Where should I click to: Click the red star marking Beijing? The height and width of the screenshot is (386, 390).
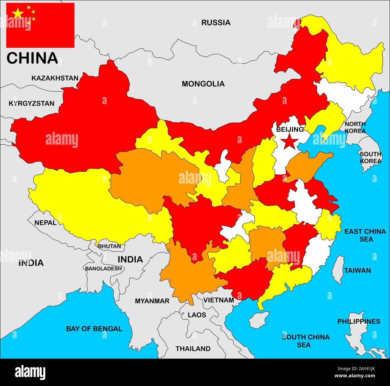tap(289, 141)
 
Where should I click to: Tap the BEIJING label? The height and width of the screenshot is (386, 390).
tap(290, 129)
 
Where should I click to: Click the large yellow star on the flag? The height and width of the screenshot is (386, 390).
tap(18, 13)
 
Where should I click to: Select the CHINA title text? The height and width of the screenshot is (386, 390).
tap(32, 58)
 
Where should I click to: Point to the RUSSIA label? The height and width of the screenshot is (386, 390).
tap(216, 23)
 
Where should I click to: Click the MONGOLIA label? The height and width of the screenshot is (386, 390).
tap(203, 84)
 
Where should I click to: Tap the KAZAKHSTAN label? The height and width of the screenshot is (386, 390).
tap(55, 78)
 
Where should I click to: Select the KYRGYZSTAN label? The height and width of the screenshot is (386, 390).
tap(31, 104)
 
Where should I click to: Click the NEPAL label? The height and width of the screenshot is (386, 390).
tap(45, 223)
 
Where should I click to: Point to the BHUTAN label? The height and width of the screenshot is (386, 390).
tap(109, 246)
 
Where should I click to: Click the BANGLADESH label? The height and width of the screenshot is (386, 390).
tap(103, 268)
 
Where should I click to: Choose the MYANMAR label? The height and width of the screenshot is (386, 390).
tap(152, 301)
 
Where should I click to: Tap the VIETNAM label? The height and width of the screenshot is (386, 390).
tap(219, 300)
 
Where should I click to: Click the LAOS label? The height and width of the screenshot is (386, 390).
tap(197, 315)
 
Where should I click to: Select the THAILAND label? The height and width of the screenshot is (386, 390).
tap(193, 348)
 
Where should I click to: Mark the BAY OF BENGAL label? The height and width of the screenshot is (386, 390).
tap(94, 329)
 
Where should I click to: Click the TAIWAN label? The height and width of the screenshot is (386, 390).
tap(357, 270)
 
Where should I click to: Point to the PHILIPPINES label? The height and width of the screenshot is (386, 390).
tap(359, 321)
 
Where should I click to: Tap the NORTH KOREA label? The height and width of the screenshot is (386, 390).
tap(355, 127)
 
